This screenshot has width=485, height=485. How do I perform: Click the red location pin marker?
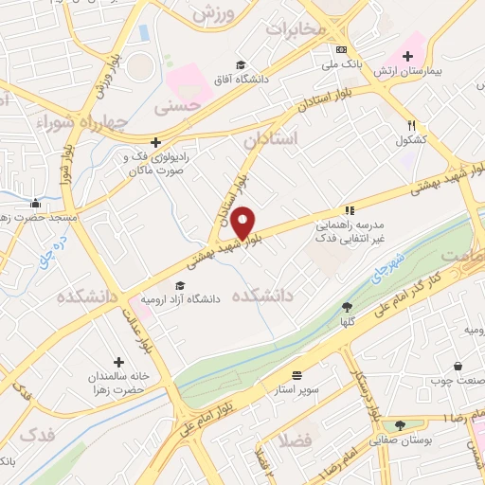click(x=243, y=222)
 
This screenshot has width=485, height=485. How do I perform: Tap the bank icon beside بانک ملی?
click(x=342, y=49)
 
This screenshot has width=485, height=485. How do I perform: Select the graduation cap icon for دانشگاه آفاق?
click(x=242, y=64)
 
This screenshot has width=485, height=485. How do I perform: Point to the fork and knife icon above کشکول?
click(x=411, y=125)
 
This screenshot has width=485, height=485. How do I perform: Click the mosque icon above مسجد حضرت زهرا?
click(x=35, y=202)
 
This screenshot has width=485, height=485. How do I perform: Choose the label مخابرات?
click(x=295, y=28)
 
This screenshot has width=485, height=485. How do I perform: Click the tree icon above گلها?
click(x=347, y=306)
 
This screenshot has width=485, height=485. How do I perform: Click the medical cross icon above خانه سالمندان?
click(x=118, y=362)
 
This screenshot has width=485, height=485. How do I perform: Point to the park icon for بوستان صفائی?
click(x=400, y=425)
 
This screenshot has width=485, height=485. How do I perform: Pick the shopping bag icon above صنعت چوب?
click(x=458, y=367)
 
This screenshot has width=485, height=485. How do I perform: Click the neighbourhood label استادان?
click(x=270, y=139)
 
